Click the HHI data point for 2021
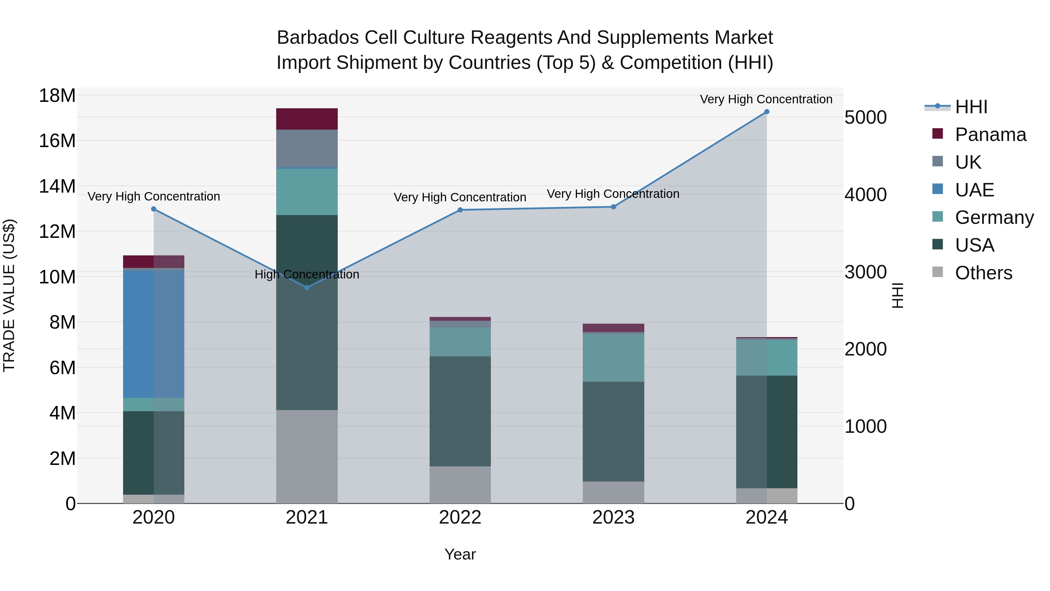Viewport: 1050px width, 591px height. tap(307, 287)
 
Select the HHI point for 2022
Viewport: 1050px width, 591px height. tap(460, 210)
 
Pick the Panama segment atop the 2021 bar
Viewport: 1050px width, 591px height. tap(307, 119)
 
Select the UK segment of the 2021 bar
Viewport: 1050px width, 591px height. tap(307, 149)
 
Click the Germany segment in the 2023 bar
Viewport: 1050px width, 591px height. tap(613, 358)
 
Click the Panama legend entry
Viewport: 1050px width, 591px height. tap(991, 135)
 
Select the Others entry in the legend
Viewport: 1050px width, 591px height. tap(983, 273)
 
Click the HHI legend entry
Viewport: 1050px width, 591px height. tap(971, 107)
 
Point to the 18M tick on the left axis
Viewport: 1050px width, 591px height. tap(57, 96)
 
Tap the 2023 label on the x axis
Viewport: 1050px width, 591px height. tap(613, 517)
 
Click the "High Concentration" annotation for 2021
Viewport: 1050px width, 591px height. tap(307, 275)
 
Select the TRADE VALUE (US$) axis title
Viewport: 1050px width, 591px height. tap(9, 295)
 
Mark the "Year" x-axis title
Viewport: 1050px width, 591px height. tap(460, 554)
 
